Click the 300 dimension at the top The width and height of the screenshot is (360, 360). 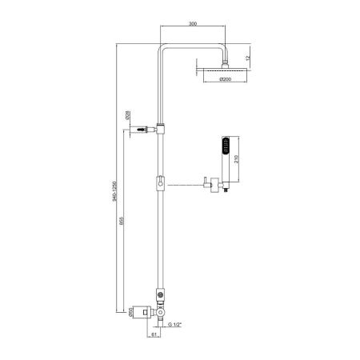pyautogui.click(x=192, y=25)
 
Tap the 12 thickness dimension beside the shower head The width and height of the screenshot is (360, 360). pyautogui.click(x=248, y=58)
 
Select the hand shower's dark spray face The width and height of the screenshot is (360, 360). pyautogui.click(x=226, y=146)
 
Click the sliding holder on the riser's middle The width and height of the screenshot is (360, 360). pyautogui.click(x=162, y=184)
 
